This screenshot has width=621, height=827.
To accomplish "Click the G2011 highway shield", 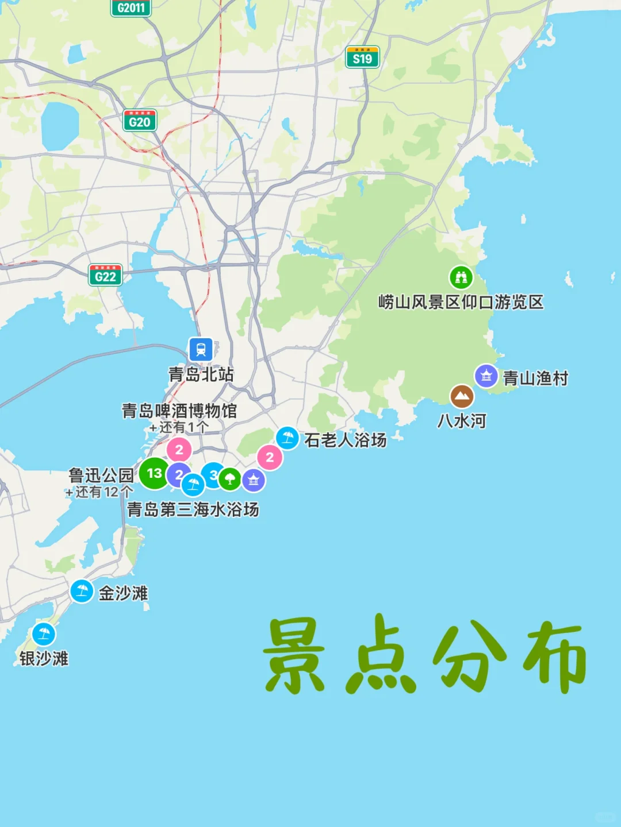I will tap(131, 7).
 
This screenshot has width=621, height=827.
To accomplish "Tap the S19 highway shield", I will tap(362, 57).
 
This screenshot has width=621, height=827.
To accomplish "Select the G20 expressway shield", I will tap(140, 121).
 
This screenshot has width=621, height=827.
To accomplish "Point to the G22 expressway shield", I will tap(105, 276).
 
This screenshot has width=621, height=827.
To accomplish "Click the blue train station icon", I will tap(201, 349).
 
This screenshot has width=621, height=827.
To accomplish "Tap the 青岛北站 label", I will tap(201, 374).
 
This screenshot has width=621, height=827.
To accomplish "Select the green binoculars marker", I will tap(461, 277).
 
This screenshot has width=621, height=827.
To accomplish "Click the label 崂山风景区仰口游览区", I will tap(461, 302).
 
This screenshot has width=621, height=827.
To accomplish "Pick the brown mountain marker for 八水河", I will tap(461, 396).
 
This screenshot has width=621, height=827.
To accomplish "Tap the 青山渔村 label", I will tap(535, 378).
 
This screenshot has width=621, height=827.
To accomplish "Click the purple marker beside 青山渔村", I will tap(486, 376).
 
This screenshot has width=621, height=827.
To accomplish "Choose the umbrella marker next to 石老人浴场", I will tap(287, 438).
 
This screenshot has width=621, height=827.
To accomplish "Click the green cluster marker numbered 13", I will tap(154, 473).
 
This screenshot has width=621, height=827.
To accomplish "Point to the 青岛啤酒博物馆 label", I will tap(179, 411).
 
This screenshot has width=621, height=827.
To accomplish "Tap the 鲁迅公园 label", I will tap(101, 476).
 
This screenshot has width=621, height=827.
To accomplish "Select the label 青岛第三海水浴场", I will tap(193, 509).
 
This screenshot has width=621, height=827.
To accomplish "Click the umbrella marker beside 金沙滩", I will tap(82, 590).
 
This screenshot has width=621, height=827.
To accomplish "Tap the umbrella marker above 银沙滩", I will tap(44, 634).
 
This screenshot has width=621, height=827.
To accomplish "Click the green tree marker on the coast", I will tap(229, 478).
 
